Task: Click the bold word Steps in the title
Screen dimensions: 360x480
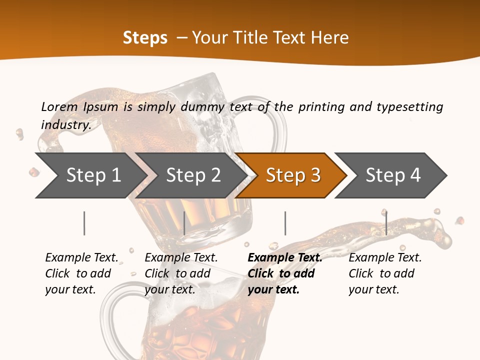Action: tap(145, 38)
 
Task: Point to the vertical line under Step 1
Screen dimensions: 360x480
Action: tap(84, 223)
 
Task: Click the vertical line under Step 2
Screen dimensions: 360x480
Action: tap(184, 223)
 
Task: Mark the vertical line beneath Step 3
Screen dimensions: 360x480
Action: tap(285, 223)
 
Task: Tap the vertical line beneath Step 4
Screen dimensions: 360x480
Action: tap(386, 223)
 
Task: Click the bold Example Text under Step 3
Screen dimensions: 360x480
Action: tap(285, 258)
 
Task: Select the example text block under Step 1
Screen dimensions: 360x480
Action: tap(81, 273)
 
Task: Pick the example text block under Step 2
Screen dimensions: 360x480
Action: tap(181, 273)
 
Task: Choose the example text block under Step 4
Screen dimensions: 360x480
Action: tap(385, 273)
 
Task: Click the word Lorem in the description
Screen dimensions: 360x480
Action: tap(59, 107)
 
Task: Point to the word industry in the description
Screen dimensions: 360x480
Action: tap(65, 125)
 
